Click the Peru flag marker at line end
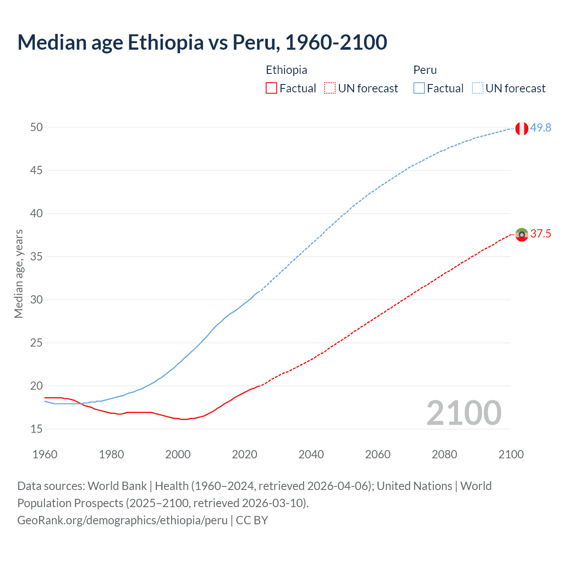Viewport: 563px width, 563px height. click(521, 128)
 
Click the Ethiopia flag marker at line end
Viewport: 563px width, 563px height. click(522, 235)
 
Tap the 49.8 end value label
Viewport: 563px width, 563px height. click(541, 128)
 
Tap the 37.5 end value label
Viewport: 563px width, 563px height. click(541, 234)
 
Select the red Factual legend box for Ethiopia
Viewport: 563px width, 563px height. click(271, 88)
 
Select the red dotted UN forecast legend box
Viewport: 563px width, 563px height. click(330, 88)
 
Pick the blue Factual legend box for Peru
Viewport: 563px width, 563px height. click(419, 88)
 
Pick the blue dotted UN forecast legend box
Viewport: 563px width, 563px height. click(477, 88)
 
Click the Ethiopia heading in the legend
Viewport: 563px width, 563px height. click(286, 70)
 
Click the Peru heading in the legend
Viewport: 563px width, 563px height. click(425, 70)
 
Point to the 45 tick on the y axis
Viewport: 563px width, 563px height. click(37, 170)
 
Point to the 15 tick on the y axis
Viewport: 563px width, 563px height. click(37, 429)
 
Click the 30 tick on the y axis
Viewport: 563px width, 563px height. click(37, 300)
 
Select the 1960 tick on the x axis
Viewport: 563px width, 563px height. click(45, 454)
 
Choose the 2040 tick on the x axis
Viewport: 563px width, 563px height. click(311, 454)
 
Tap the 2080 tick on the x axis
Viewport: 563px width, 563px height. click(444, 454)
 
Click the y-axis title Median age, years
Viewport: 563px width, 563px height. click(18, 274)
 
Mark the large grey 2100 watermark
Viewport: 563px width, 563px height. click(464, 413)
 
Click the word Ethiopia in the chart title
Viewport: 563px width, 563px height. click(166, 42)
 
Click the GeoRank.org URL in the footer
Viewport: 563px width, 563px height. click(122, 520)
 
